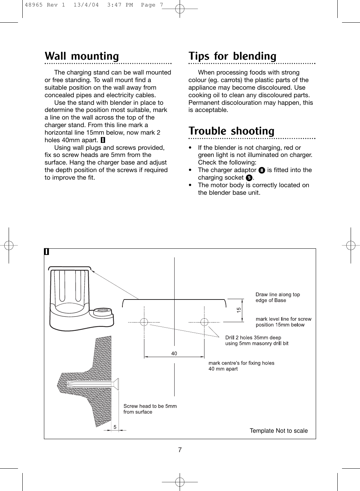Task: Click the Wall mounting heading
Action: pos(81,57)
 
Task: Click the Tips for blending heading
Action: pos(232,57)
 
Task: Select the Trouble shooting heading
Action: pos(231,131)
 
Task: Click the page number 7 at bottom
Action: pos(180,450)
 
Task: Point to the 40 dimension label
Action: pos(174,354)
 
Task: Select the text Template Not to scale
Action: pos(278,431)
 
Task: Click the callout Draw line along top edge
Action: pos(277,297)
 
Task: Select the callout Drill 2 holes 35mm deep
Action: pos(256,341)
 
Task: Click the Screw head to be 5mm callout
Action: pos(150,409)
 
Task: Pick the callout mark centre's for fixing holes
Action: pos(241,366)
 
